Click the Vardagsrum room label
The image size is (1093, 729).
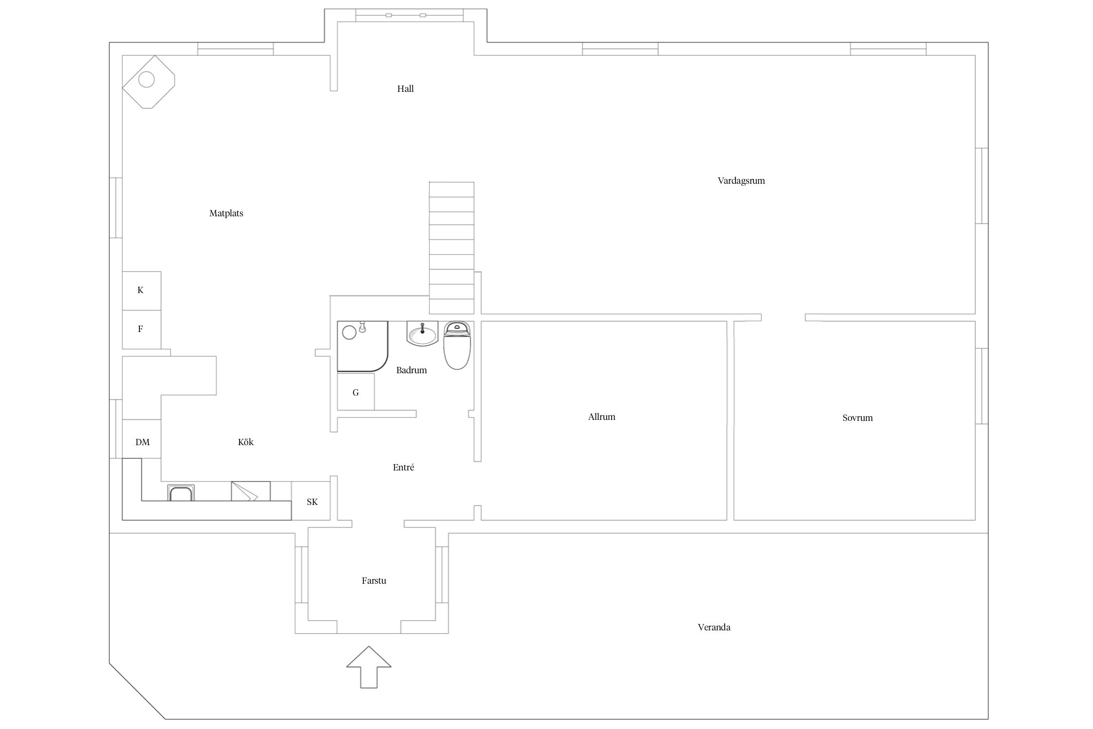click(x=741, y=181)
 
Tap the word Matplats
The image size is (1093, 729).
click(x=226, y=213)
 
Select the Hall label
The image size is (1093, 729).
click(x=405, y=88)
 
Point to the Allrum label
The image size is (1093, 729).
click(x=601, y=417)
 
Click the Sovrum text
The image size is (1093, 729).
click(x=857, y=417)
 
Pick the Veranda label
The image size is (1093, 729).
click(x=714, y=627)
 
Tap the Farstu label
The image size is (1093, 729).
click(x=374, y=580)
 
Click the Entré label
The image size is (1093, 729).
click(x=403, y=467)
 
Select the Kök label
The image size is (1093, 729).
click(x=246, y=442)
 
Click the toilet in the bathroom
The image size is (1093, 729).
click(x=457, y=345)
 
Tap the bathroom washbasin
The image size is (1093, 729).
click(x=422, y=333)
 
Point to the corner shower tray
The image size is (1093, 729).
click(x=362, y=346)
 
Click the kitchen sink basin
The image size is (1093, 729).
click(x=181, y=493)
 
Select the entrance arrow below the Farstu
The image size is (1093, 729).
click(x=369, y=667)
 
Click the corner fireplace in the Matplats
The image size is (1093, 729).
click(x=148, y=82)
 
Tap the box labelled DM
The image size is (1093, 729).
click(x=141, y=439)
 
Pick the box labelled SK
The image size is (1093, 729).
click(x=311, y=501)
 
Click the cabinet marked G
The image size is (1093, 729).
click(x=356, y=392)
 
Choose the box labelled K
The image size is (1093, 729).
click(x=141, y=291)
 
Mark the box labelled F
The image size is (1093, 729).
click(x=141, y=330)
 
